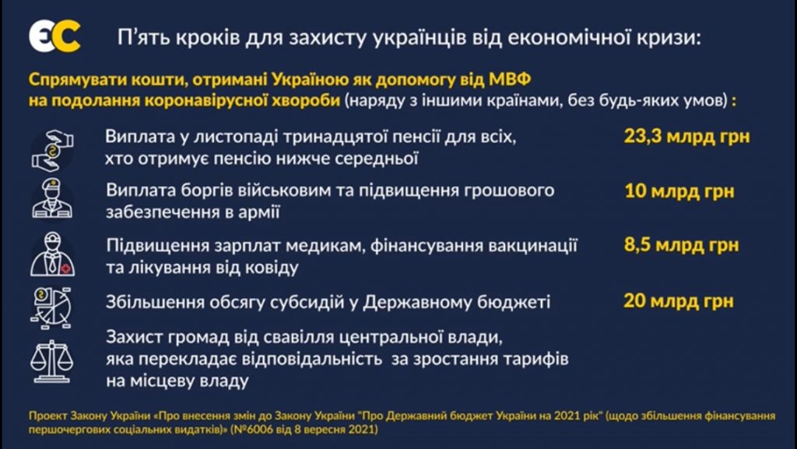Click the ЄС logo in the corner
54,37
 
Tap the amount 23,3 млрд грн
686,137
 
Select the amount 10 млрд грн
679,191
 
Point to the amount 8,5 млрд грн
681,245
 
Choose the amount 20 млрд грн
679,300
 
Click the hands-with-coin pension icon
52,150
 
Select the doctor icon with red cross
52,254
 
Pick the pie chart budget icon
51,308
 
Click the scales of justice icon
52,361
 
